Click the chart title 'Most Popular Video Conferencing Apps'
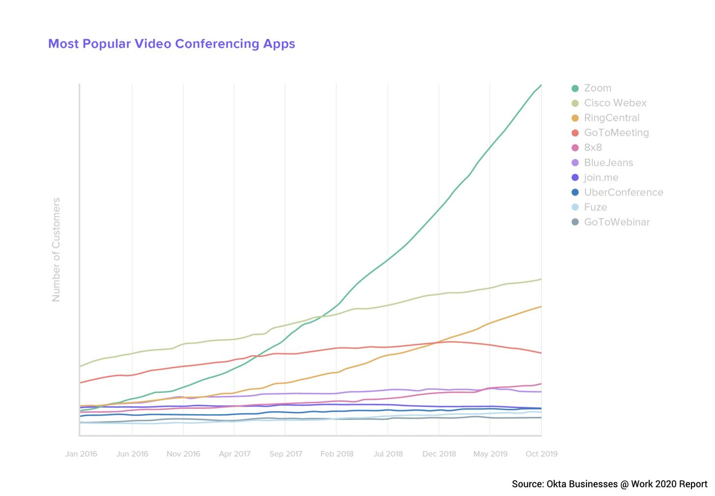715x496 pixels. pyautogui.click(x=171, y=44)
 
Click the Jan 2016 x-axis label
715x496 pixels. pyautogui.click(x=81, y=454)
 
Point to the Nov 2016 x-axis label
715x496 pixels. pyautogui.click(x=183, y=454)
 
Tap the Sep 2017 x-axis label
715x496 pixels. pyautogui.click(x=286, y=454)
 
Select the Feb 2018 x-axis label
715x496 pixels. pyautogui.click(x=337, y=454)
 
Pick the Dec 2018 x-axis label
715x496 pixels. pyautogui.click(x=439, y=454)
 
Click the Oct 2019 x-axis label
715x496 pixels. pyautogui.click(x=541, y=454)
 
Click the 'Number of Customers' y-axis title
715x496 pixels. pyautogui.click(x=56, y=249)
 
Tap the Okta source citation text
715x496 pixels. pyautogui.click(x=609, y=484)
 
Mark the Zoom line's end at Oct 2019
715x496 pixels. pyautogui.click(x=541, y=85)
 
